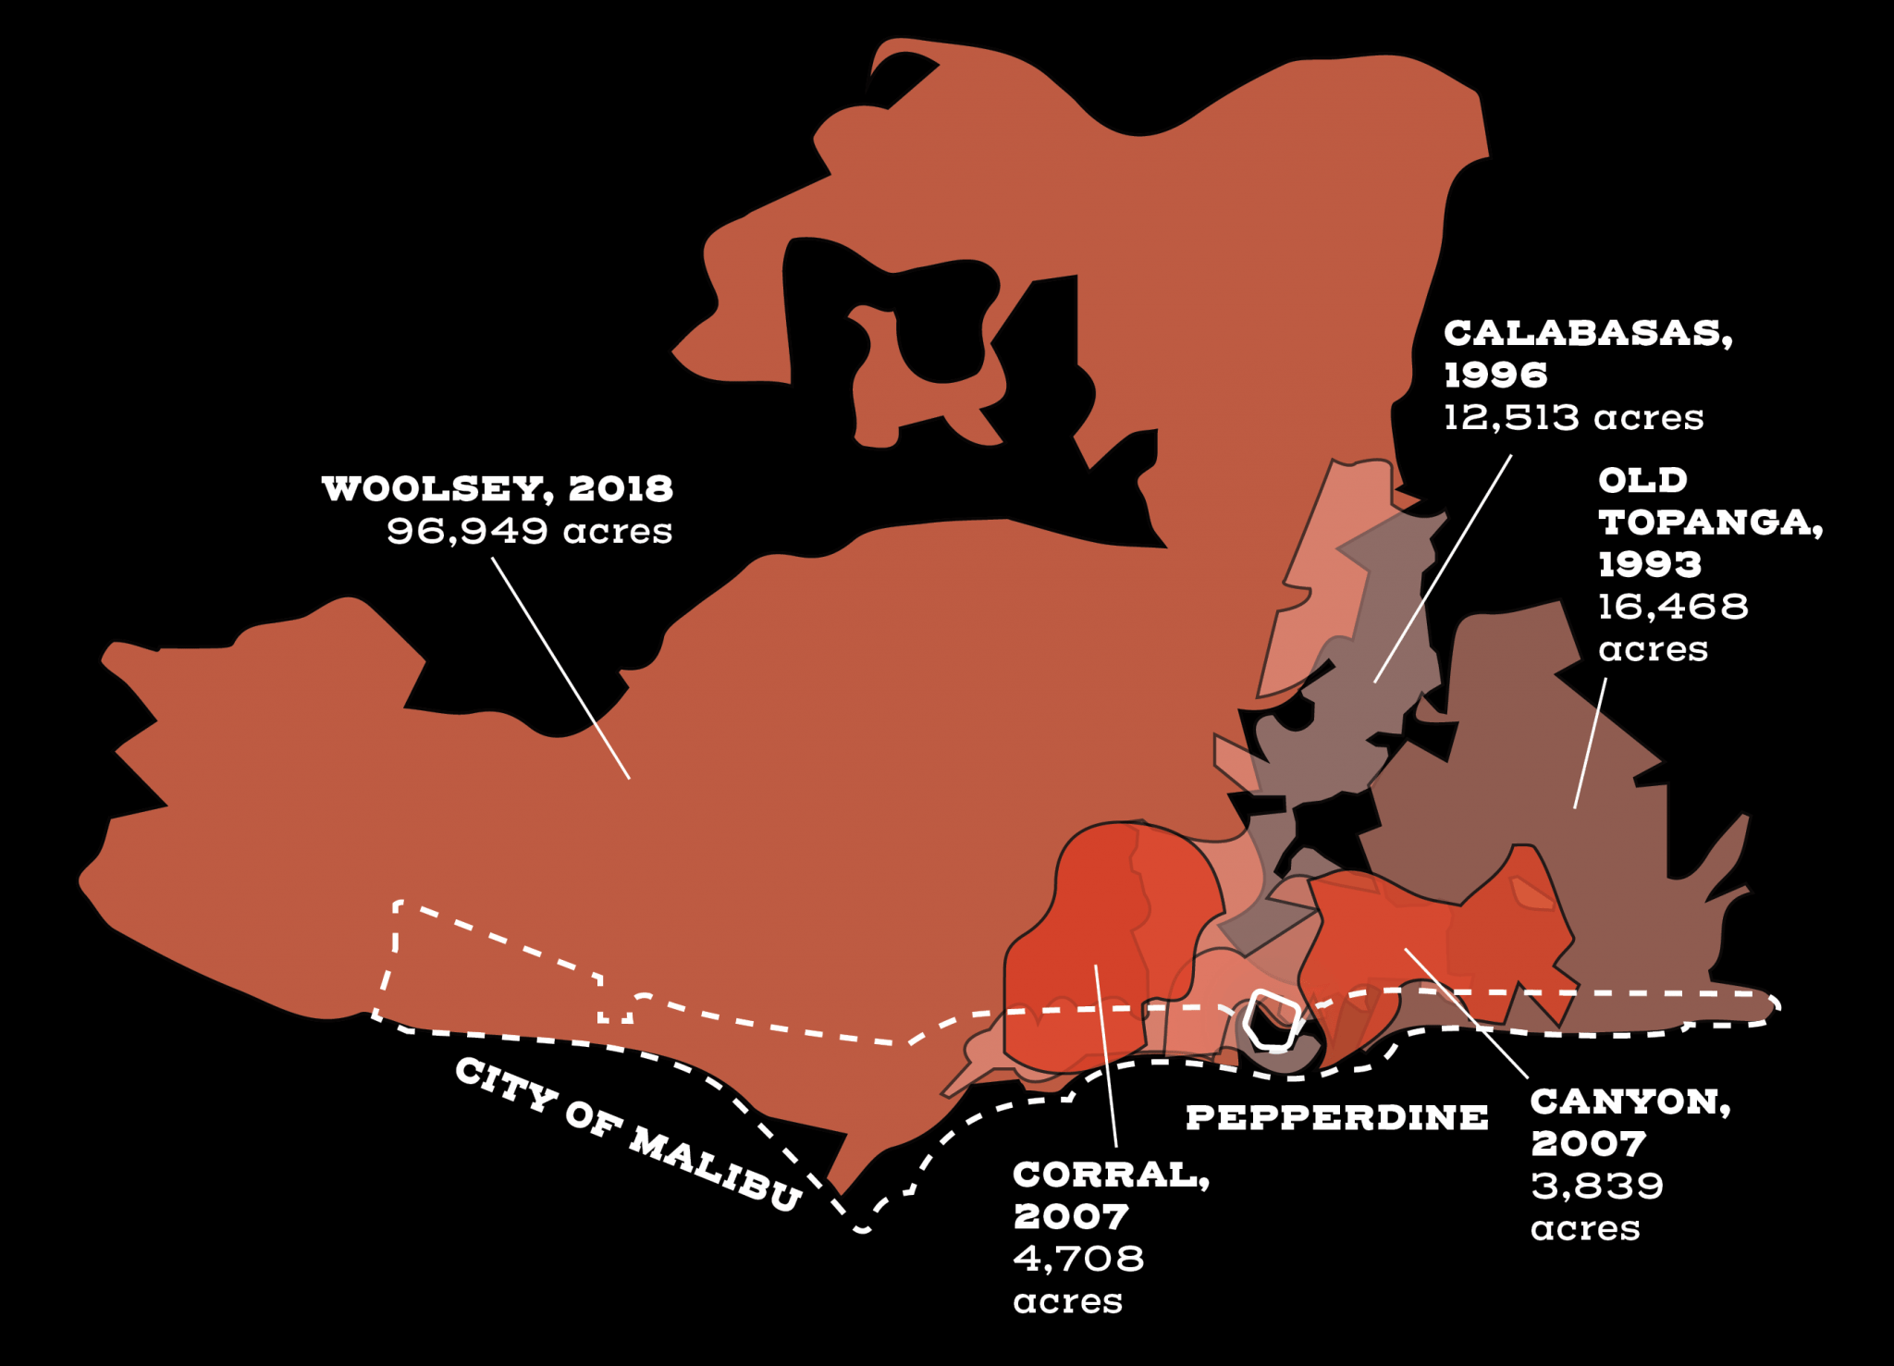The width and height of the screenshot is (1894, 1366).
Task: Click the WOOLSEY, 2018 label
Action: (x=497, y=488)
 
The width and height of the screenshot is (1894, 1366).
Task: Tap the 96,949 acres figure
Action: (x=529, y=531)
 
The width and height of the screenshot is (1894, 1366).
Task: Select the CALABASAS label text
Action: (x=1587, y=333)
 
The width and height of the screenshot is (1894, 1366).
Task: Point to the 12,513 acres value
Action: (x=1573, y=417)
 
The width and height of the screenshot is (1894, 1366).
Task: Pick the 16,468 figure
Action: (x=1673, y=607)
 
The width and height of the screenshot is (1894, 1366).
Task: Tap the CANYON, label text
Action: (x=1630, y=1101)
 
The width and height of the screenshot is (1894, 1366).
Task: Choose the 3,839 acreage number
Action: (x=1597, y=1186)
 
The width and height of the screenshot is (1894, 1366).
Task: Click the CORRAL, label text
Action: (x=1111, y=1175)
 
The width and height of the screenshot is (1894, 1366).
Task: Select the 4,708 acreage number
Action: (x=1078, y=1259)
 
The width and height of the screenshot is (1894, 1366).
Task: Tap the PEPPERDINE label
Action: (x=1336, y=1117)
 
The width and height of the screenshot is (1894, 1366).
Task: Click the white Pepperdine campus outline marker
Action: (x=1273, y=1021)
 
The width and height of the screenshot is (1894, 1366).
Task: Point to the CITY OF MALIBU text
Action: (x=628, y=1133)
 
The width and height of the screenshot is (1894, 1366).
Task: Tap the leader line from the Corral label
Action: (x=1106, y=1055)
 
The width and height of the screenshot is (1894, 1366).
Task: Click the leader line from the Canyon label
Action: (x=1466, y=1013)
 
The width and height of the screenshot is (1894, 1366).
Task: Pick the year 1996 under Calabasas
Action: (x=1494, y=375)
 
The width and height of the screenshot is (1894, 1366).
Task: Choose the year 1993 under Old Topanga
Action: (x=1649, y=564)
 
